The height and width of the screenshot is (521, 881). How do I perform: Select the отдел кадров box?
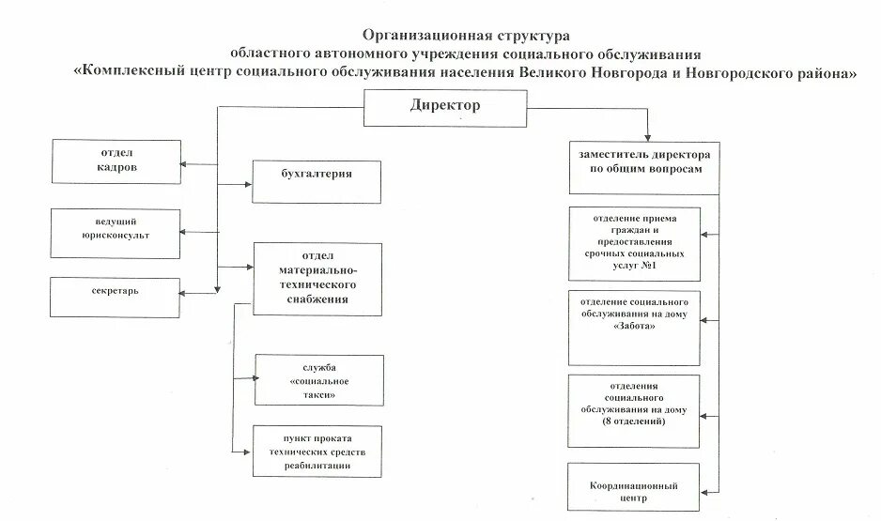pyautogui.click(x=117, y=161)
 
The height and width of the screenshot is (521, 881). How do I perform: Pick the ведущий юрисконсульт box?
pyautogui.click(x=115, y=231)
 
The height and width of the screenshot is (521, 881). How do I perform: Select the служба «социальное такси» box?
pyautogui.click(x=319, y=380)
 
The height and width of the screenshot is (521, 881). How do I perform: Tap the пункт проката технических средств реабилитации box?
pyautogui.click(x=317, y=453)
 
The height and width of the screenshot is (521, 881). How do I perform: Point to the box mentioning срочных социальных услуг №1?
pyautogui.click(x=634, y=244)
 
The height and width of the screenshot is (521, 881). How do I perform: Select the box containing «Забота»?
pyautogui.click(x=634, y=327)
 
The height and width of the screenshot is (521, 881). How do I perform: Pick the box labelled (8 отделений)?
pyautogui.click(x=634, y=409)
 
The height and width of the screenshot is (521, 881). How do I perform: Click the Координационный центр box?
pyautogui.click(x=634, y=493)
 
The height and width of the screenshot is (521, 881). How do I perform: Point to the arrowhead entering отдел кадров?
pyautogui.click(x=185, y=162)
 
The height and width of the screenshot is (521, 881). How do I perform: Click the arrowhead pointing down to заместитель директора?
pyautogui.click(x=647, y=137)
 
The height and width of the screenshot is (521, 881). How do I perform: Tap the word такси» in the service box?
pyautogui.click(x=319, y=395)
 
